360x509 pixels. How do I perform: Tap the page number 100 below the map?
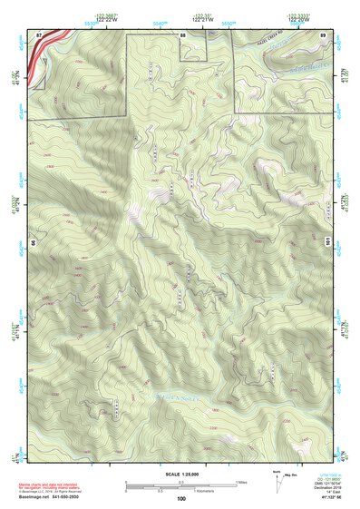pos(181,499)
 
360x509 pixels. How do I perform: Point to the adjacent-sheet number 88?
pos(183,34)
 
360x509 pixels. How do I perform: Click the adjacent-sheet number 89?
pos(324,34)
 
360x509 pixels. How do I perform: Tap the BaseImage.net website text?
pos(34,497)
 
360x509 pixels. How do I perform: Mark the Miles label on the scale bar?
pos(241,482)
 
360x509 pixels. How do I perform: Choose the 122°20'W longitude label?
pos(324,20)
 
